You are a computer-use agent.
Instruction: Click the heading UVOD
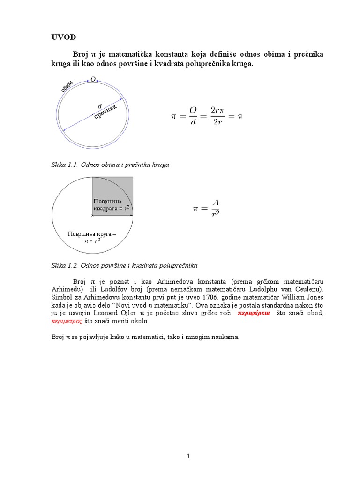click(63, 37)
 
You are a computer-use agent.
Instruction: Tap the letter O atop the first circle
click(93, 80)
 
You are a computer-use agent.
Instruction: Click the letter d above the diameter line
click(99, 106)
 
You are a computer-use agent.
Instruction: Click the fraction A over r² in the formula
click(215, 209)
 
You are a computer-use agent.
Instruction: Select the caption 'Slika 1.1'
click(65, 165)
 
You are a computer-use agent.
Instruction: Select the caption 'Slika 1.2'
click(65, 265)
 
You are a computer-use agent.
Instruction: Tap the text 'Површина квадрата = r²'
click(111, 205)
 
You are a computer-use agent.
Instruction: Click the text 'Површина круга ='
click(92, 233)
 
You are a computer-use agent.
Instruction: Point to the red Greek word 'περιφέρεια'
click(254, 313)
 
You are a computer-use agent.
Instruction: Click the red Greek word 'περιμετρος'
click(67, 321)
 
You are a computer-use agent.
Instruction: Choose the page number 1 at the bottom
click(188, 457)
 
